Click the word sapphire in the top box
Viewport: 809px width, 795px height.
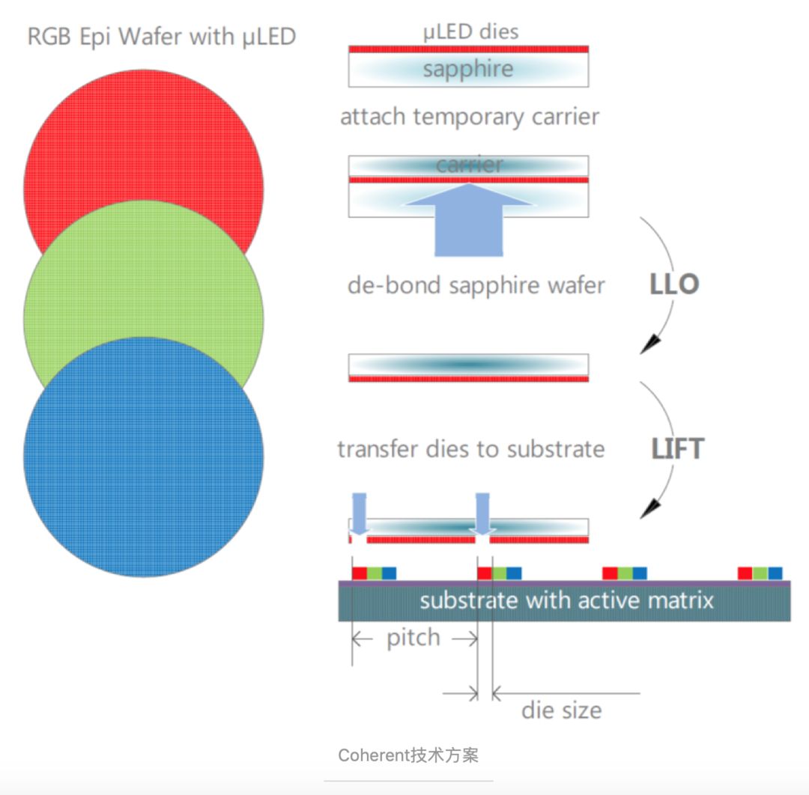click(x=468, y=70)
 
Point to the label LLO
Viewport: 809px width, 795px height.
click(x=675, y=284)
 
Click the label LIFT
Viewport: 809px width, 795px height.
click(x=678, y=448)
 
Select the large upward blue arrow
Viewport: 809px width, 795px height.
click(x=469, y=221)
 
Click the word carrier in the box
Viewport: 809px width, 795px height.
click(x=469, y=165)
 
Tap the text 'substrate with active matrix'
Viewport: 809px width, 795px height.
click(x=566, y=600)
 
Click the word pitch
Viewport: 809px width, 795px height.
click(x=413, y=639)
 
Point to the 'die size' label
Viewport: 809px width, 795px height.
click(x=562, y=710)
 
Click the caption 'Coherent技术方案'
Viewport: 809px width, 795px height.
click(x=408, y=755)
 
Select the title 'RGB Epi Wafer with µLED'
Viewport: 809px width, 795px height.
click(x=162, y=36)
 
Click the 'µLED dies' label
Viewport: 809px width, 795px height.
click(x=470, y=31)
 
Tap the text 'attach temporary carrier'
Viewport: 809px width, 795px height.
click(x=470, y=118)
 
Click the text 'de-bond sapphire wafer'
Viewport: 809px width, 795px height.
click(x=476, y=286)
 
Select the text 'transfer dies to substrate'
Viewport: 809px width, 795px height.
click(x=470, y=449)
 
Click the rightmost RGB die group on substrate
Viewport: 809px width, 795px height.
click(x=760, y=573)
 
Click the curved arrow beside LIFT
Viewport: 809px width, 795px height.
click(x=664, y=449)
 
